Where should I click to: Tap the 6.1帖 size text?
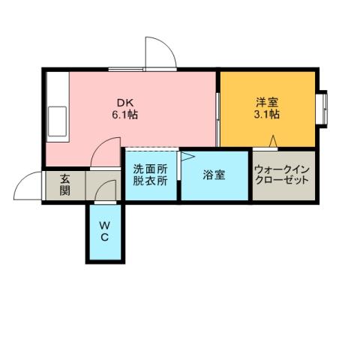124,116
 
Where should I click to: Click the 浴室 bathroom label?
214,175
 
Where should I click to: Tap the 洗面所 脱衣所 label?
150,175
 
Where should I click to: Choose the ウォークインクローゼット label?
283,175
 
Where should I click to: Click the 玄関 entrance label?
65,185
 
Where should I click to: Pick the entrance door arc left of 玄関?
28,186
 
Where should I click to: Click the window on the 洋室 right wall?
324,108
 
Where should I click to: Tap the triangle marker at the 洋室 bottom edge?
274,141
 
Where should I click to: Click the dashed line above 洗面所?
150,148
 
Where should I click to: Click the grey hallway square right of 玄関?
103,185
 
